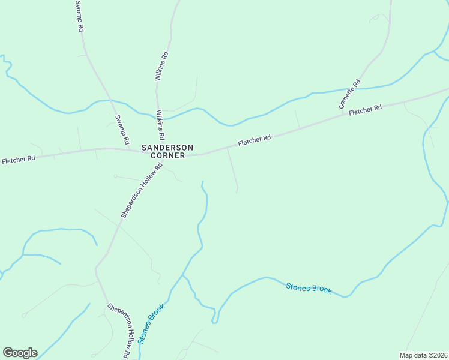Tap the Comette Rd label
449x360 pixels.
(x=349, y=94)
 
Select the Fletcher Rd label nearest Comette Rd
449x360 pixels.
(x=366, y=110)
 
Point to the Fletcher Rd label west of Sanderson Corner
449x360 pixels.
(x=18, y=160)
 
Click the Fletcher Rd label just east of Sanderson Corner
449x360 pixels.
(x=255, y=140)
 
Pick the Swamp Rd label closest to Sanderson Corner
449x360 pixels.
(x=122, y=129)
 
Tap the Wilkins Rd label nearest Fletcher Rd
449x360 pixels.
(x=160, y=124)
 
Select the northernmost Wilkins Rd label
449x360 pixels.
(x=160, y=66)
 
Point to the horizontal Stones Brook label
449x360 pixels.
(x=309, y=289)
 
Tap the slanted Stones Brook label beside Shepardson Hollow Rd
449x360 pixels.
(x=151, y=324)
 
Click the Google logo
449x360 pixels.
(x=20, y=352)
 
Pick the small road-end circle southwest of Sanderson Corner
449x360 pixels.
(x=116, y=176)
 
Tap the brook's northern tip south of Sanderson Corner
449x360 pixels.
(x=202, y=181)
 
